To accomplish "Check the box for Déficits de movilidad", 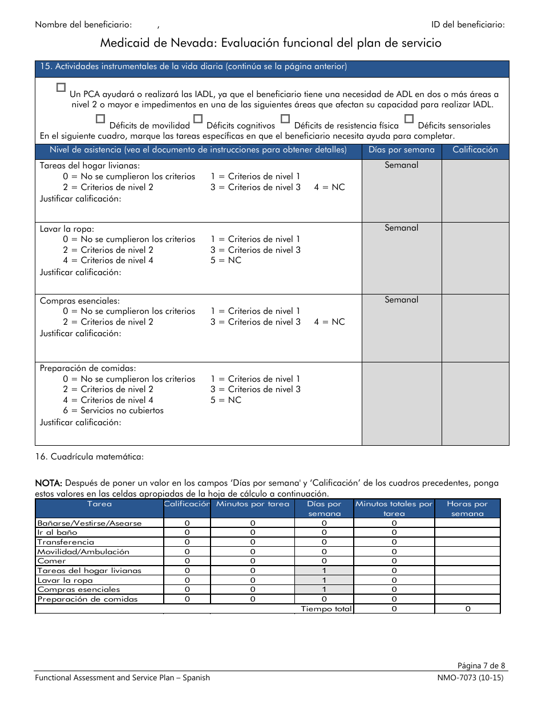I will coord(100,119).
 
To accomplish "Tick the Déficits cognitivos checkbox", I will coord(198,119).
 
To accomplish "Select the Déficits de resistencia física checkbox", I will coord(285,119).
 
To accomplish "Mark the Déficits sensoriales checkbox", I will coord(408,119).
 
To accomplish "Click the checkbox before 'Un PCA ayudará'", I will coord(61,87).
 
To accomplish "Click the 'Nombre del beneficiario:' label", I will coord(83,25).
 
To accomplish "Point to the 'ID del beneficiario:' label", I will coord(468,25).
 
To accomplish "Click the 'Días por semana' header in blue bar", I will coord(401,150).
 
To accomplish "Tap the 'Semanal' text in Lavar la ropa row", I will coord(401,228).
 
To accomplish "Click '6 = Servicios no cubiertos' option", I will coord(113,410).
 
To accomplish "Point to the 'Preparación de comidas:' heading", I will coord(88,369).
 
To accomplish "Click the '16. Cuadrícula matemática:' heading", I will coord(89,457).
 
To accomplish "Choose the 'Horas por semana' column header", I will coord(467,509).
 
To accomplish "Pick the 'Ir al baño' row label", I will coord(57,532).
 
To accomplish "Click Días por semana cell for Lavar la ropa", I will coord(324,580).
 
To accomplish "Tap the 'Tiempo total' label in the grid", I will coord(326,609).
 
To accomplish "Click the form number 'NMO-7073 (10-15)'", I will coord(467,678).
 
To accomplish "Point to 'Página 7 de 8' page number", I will coord(481,665).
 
